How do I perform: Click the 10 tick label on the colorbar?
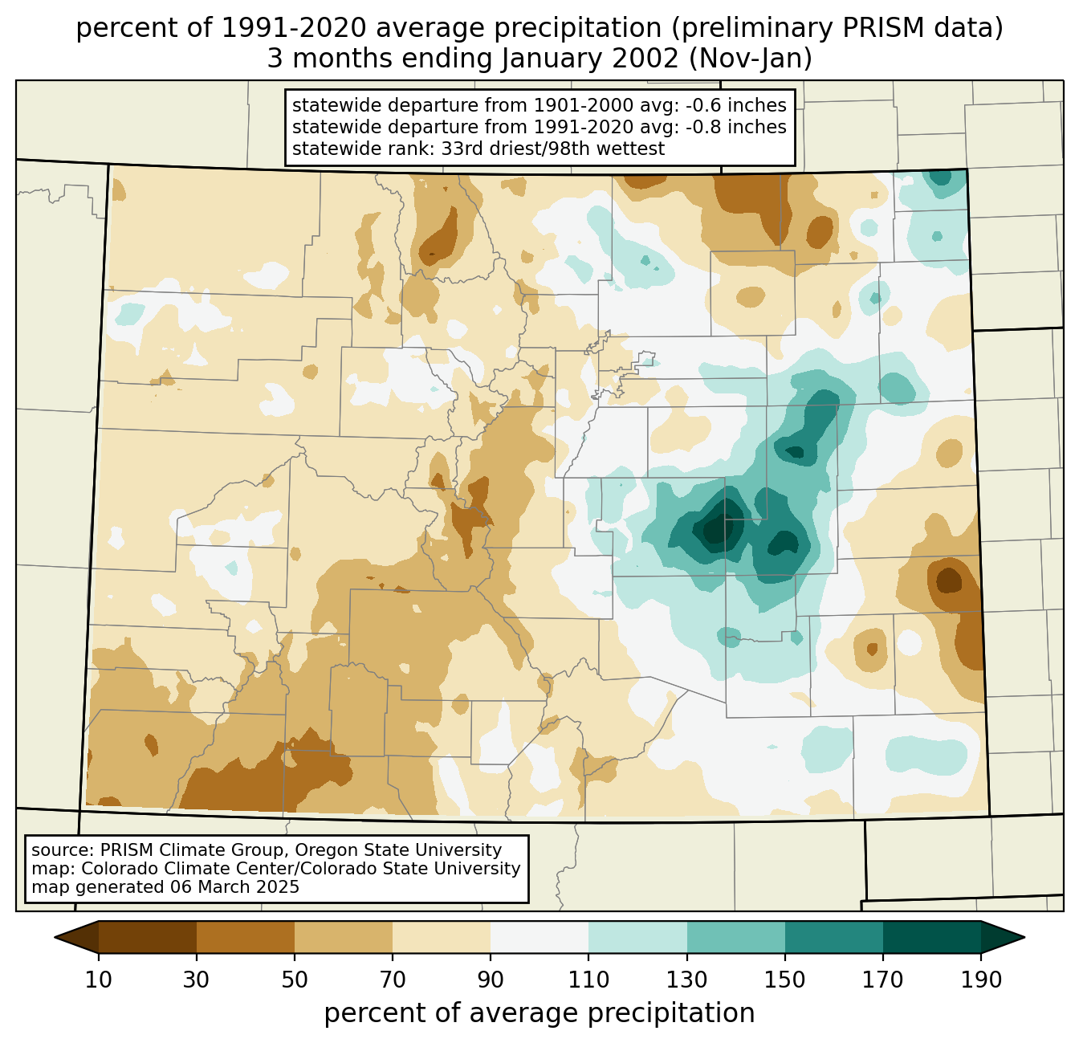coord(99,980)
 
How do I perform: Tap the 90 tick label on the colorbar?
coord(491,980)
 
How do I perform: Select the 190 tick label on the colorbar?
coord(981,980)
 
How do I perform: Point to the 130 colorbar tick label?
coord(687,980)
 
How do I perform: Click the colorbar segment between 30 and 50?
coord(246,937)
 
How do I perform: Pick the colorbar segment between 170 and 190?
coord(931,937)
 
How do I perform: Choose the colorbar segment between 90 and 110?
coord(539,937)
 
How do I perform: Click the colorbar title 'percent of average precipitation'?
coord(539,1013)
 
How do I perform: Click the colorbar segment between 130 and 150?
coord(735,937)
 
